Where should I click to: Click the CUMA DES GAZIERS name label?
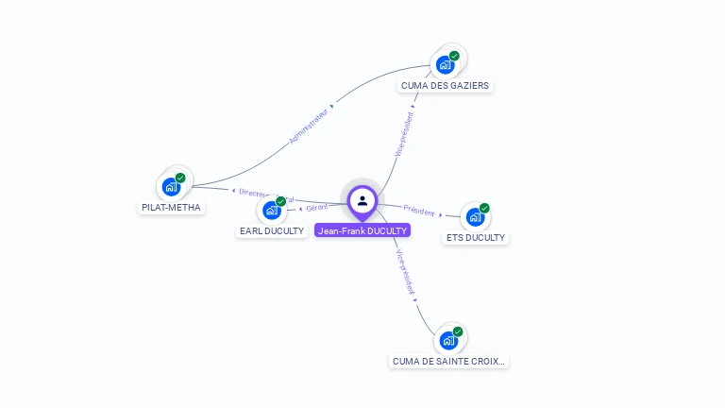[x=445, y=85]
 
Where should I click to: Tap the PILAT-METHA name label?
[x=171, y=207]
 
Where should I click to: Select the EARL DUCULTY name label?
[x=272, y=230]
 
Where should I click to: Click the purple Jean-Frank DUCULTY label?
[x=362, y=230]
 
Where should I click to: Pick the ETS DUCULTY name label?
[x=476, y=238]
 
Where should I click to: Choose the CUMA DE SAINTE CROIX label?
[x=448, y=361]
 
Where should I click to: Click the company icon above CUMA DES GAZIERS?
[x=445, y=64]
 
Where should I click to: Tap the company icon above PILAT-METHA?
[x=171, y=186]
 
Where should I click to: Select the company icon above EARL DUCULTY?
[x=272, y=210]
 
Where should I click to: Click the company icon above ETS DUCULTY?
[x=475, y=216]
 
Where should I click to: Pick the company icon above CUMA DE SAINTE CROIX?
[x=448, y=340]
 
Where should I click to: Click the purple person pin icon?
[x=362, y=200]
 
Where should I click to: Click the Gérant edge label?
[x=316, y=208]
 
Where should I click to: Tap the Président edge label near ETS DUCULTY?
[x=418, y=210]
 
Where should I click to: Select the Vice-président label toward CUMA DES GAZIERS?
[x=404, y=136]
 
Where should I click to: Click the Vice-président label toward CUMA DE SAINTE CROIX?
[x=404, y=273]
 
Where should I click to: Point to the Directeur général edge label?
[x=266, y=195]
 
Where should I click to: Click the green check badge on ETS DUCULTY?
[x=484, y=208]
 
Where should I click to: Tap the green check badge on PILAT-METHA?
[x=180, y=178]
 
